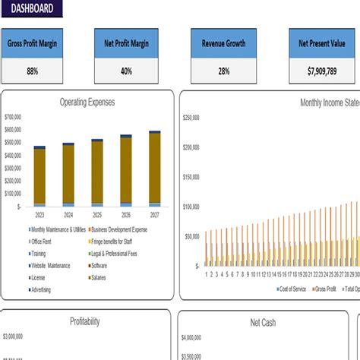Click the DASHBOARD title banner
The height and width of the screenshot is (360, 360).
pos(30,8)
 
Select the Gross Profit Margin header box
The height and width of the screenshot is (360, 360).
pos(33,44)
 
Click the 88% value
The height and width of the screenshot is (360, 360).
pos(33,71)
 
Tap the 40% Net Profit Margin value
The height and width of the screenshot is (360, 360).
pos(126,71)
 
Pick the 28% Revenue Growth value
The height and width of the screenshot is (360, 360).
pos(223,71)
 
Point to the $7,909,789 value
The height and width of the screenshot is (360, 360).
pos(320,71)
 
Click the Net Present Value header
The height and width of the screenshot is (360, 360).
pos(320,44)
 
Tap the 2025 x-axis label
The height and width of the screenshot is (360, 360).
pos(97,215)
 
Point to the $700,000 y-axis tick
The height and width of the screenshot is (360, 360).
pos(13,117)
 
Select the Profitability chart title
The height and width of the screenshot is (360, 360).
pos(84,321)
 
